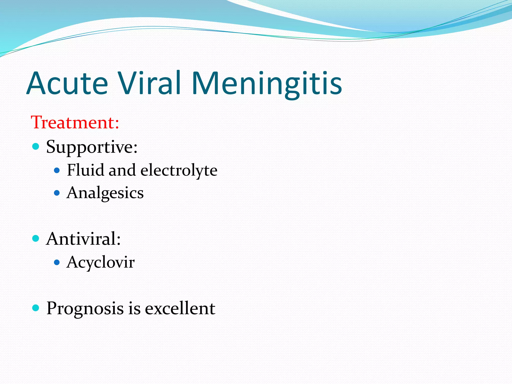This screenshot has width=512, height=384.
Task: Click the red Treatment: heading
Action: click(75, 122)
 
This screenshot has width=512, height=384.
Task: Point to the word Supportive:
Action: click(92, 147)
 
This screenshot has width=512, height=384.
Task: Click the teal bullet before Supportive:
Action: click(36, 146)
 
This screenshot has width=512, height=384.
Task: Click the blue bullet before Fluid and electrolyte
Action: click(57, 170)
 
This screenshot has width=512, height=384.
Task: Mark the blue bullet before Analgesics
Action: click(57, 193)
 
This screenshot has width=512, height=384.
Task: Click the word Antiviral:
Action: click(83, 239)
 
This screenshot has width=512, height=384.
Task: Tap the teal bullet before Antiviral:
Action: click(36, 238)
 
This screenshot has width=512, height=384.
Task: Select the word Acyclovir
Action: click(100, 262)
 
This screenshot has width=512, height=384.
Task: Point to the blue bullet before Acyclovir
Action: click(57, 262)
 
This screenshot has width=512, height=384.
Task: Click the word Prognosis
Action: click(85, 308)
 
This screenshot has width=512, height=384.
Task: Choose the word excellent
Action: click(180, 308)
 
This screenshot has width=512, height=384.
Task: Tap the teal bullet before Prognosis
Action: click(36, 308)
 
